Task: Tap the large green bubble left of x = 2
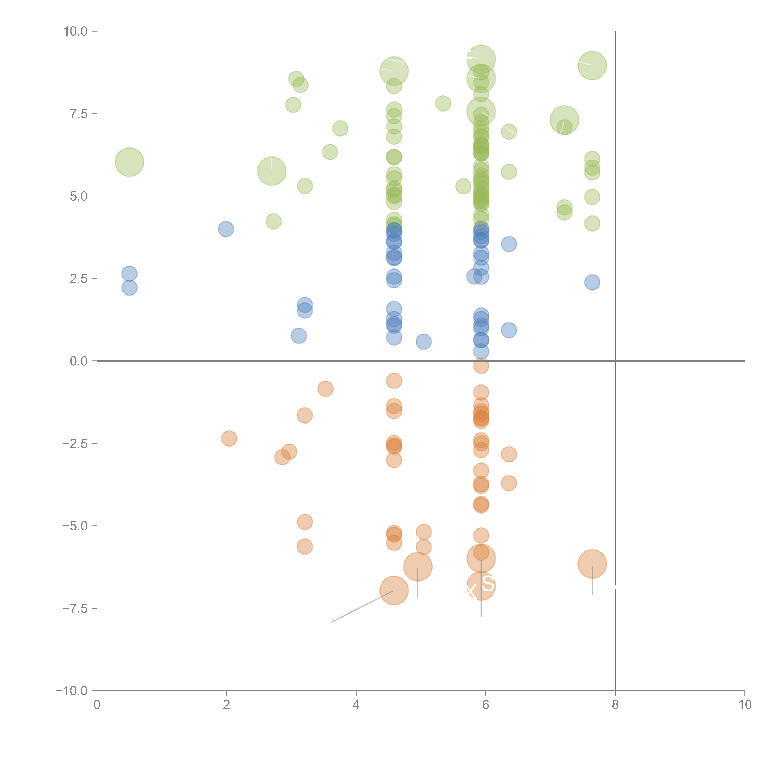[129, 162]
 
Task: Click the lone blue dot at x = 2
[226, 229]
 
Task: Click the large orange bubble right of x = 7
[592, 564]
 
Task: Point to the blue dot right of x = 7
[592, 282]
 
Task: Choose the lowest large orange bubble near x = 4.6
[394, 590]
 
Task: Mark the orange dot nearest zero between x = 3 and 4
[325, 389]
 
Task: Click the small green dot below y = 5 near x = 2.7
[273, 221]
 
